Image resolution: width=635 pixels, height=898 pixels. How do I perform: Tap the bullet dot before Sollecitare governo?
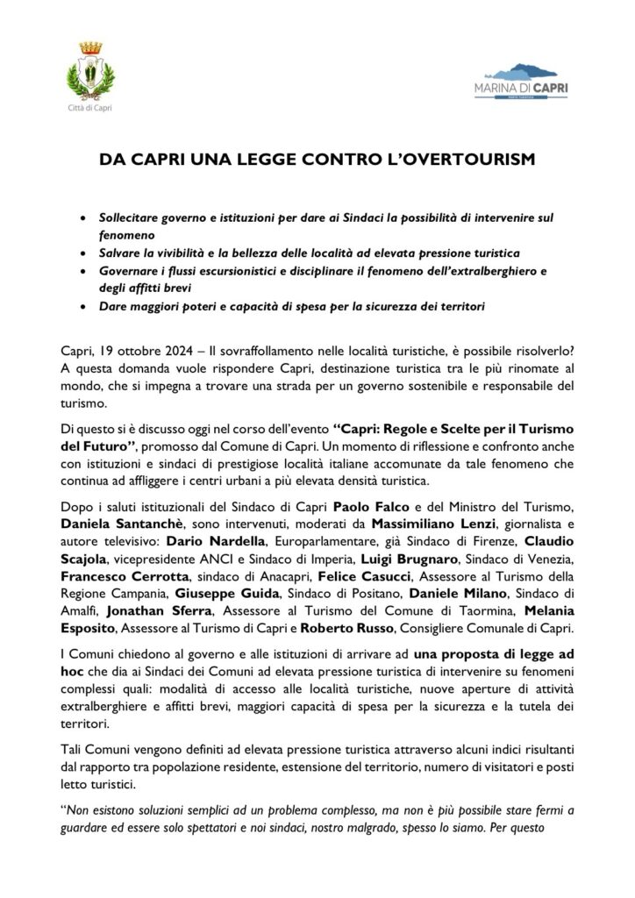click(82, 216)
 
